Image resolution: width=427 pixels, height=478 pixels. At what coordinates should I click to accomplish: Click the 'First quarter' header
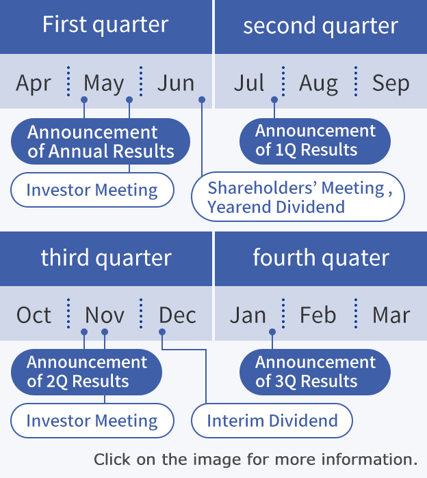(x=105, y=25)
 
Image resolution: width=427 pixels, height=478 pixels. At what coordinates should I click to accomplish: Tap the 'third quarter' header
(x=106, y=258)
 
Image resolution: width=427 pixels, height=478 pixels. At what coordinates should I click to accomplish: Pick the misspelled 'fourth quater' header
(x=321, y=258)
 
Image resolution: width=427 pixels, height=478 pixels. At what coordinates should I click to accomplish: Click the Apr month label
(x=34, y=83)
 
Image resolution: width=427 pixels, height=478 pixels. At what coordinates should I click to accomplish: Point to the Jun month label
(x=176, y=83)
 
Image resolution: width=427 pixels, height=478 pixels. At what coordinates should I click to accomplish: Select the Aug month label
(x=319, y=83)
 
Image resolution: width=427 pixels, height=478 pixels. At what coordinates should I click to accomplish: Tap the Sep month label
(x=391, y=83)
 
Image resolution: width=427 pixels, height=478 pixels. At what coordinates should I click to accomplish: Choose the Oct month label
(x=34, y=315)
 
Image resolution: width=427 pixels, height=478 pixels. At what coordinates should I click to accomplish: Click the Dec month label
(x=177, y=315)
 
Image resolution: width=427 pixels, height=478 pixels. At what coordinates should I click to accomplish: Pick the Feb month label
(x=318, y=315)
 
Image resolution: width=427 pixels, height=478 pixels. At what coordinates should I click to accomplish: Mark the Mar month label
(x=391, y=315)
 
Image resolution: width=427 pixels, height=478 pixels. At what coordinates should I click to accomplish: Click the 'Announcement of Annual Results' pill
(x=101, y=141)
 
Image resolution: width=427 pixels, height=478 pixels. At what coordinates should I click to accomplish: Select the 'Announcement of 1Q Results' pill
(x=315, y=141)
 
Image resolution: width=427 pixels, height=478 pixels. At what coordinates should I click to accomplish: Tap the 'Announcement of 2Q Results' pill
(x=86, y=372)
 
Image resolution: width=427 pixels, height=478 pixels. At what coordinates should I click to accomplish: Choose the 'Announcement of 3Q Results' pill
(x=315, y=372)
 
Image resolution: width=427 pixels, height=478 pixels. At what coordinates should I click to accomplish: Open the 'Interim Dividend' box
(x=272, y=421)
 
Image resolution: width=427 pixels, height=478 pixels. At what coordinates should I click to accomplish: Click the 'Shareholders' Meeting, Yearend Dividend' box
(x=298, y=197)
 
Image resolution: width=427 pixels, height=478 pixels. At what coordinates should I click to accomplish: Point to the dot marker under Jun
(x=202, y=100)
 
